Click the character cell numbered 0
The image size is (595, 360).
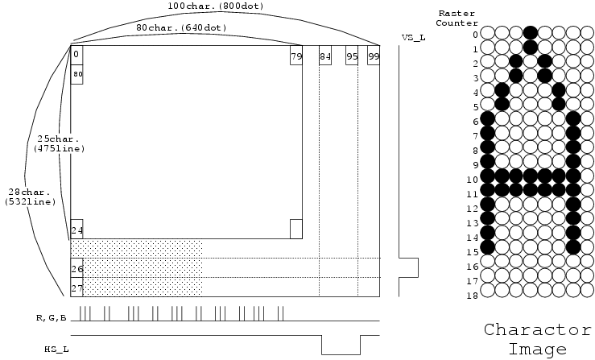click(x=76, y=55)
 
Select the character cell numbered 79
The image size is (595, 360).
click(x=296, y=55)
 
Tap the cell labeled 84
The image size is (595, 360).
click(x=325, y=55)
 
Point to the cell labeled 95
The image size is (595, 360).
click(x=352, y=55)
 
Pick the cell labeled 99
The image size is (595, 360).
click(x=374, y=55)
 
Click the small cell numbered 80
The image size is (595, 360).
click(x=76, y=74)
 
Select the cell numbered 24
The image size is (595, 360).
click(x=76, y=229)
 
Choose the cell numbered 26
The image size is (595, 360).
click(x=76, y=267)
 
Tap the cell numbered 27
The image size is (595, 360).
click(x=76, y=287)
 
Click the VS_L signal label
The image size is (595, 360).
click(x=414, y=38)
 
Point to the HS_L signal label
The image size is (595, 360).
click(x=57, y=349)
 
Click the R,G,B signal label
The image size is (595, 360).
click(x=52, y=318)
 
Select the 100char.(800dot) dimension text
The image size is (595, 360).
click(x=216, y=6)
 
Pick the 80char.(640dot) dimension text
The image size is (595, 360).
click(x=181, y=27)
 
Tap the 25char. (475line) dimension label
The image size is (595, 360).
click(x=60, y=143)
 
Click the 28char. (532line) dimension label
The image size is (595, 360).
click(x=31, y=197)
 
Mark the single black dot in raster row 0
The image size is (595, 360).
click(x=531, y=33)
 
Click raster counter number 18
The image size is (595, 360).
click(x=472, y=295)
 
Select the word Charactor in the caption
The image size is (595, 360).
click(x=538, y=329)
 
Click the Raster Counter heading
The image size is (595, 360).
click(x=457, y=18)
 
